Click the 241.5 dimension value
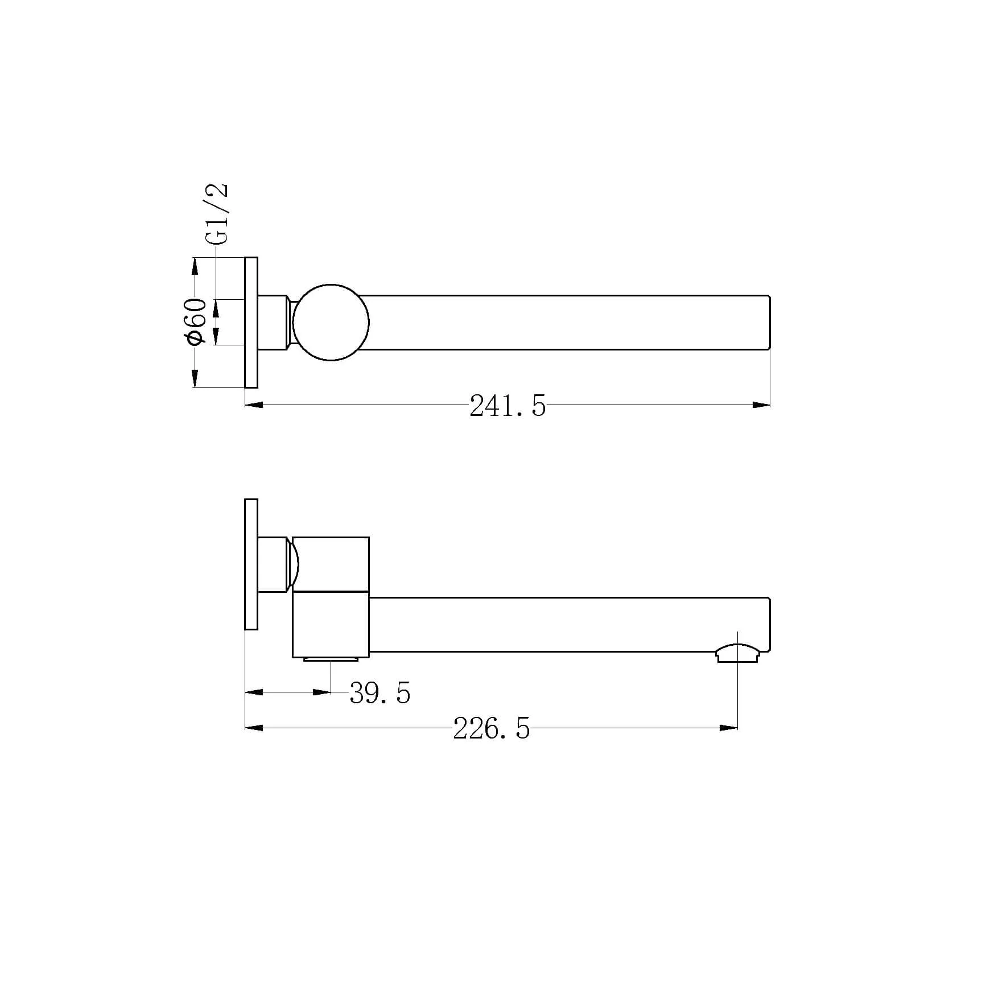pyautogui.click(x=508, y=407)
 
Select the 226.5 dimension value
pyautogui.click(x=492, y=728)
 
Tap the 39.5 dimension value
pyautogui.click(x=379, y=693)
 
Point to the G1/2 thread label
pyautogui.click(x=218, y=213)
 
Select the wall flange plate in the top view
pyautogui.click(x=251, y=323)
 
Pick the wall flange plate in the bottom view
pyautogui.click(x=251, y=564)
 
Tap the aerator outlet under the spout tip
pyautogui.click(x=737, y=653)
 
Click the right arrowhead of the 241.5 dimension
pyautogui.click(x=761, y=405)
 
